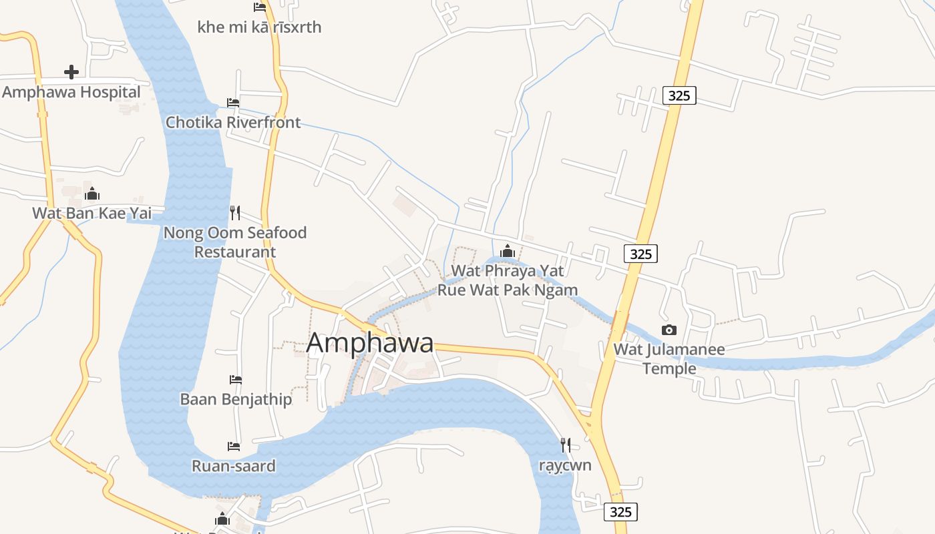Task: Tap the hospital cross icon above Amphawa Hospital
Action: pos(71,71)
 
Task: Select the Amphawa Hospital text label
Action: pos(71,92)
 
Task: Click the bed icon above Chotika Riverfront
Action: pos(233,102)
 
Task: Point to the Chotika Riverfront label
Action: pos(233,122)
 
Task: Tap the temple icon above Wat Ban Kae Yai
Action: pos(92,194)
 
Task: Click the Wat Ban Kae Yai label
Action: pos(92,214)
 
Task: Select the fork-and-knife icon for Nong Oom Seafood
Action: pos(234,212)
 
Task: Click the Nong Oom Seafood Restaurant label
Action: pos(235,242)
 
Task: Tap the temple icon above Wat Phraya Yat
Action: pos(508,250)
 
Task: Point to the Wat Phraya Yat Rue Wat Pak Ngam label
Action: pos(508,280)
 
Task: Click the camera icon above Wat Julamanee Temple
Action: pos(669,330)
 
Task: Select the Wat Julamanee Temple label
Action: pos(669,358)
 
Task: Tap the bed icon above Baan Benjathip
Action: pos(236,379)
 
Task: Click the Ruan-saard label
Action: pos(234,466)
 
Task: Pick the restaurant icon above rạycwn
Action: pos(565,444)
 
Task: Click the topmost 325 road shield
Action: pos(679,95)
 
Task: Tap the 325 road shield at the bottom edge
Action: pos(620,512)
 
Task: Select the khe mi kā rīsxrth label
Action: pos(259,27)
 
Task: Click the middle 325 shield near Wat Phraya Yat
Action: pos(640,254)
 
